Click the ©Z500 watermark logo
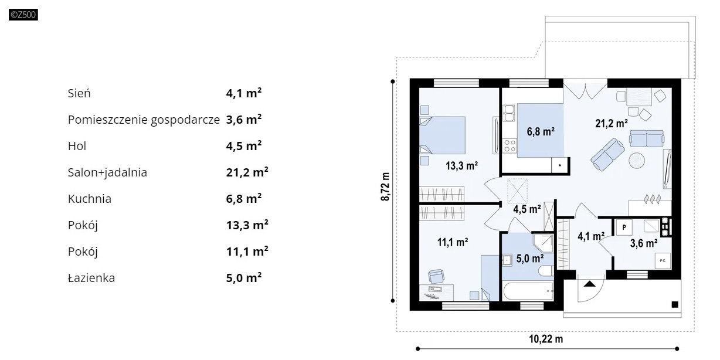click(23, 15)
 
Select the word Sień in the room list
click(79, 94)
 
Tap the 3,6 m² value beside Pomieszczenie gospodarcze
click(244, 120)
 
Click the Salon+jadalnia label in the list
click(107, 172)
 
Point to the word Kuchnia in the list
click(89, 199)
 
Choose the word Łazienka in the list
click(91, 278)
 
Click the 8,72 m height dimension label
click(385, 187)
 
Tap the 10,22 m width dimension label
click(546, 339)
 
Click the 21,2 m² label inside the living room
click(612, 124)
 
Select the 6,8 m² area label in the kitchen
click(541, 131)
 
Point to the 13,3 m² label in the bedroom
click(461, 166)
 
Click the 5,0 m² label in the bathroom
click(529, 259)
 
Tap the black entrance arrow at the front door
click(589, 284)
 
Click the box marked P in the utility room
click(624, 227)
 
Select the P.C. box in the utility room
click(663, 261)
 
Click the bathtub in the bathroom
click(528, 291)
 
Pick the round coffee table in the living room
click(637, 161)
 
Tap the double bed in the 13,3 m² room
click(442, 135)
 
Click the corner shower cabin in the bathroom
click(543, 243)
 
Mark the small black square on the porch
click(675, 304)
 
